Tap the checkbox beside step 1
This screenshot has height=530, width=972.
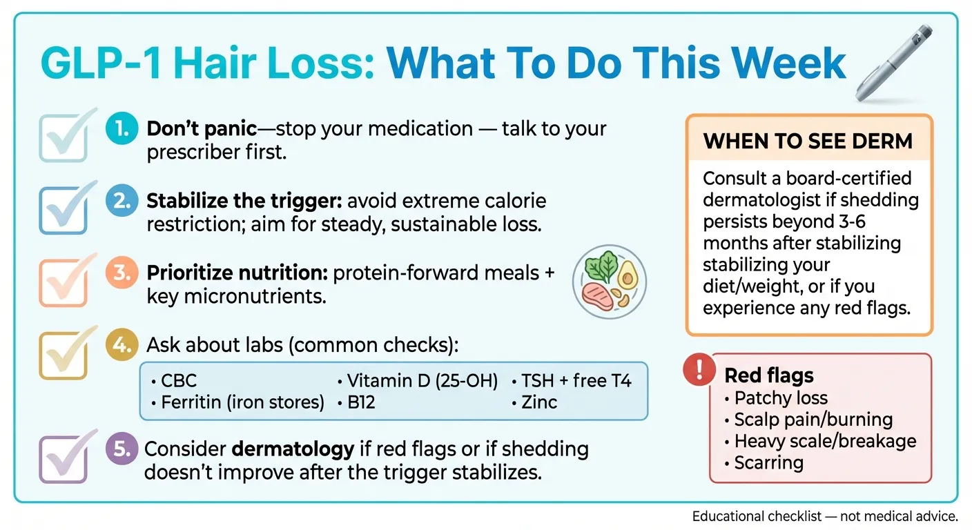click(x=64, y=137)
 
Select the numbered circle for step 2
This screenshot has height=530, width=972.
click(x=122, y=201)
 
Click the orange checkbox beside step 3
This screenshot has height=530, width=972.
click(x=64, y=282)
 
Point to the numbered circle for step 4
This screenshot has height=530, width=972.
click(x=122, y=344)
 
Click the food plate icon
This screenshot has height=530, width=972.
click(x=610, y=281)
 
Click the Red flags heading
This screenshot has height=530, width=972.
click(x=769, y=375)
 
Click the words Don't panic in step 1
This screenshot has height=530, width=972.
click(x=202, y=129)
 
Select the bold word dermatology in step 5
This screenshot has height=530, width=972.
click(x=293, y=450)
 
